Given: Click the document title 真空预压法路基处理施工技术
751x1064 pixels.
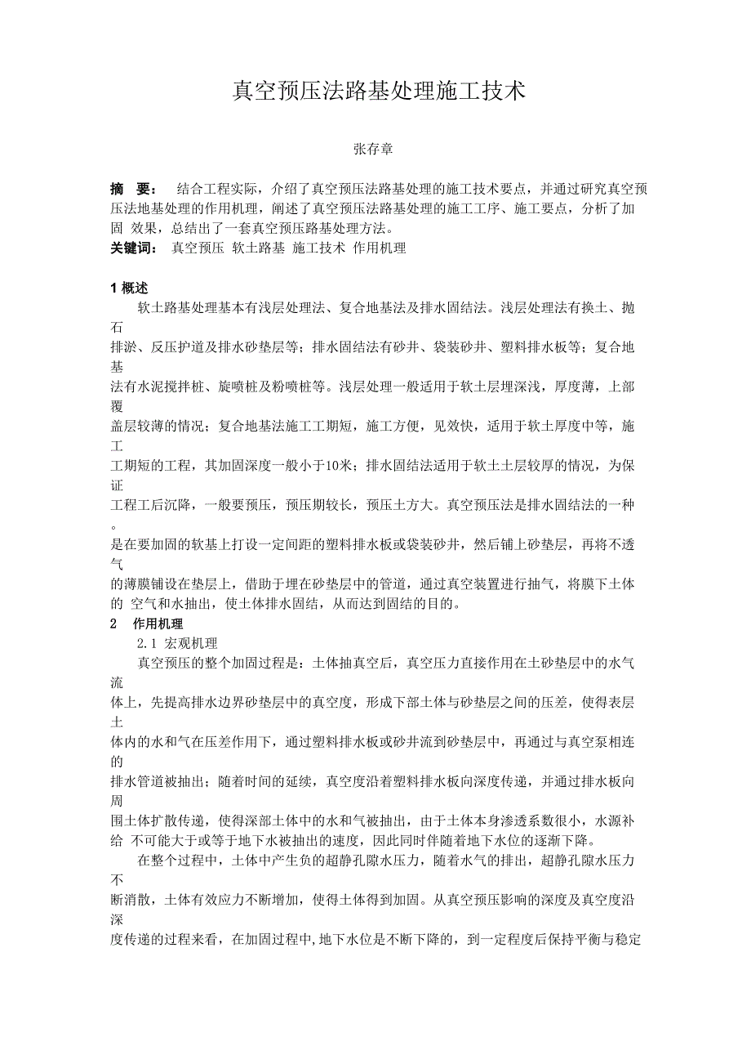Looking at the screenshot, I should coord(378,91).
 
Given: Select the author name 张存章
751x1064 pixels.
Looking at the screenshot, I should coord(373,150).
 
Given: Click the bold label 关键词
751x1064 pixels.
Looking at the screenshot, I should coord(134,248).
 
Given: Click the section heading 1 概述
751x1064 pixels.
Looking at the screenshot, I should coord(129,288).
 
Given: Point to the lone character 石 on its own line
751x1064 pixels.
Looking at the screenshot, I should coord(117,327).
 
